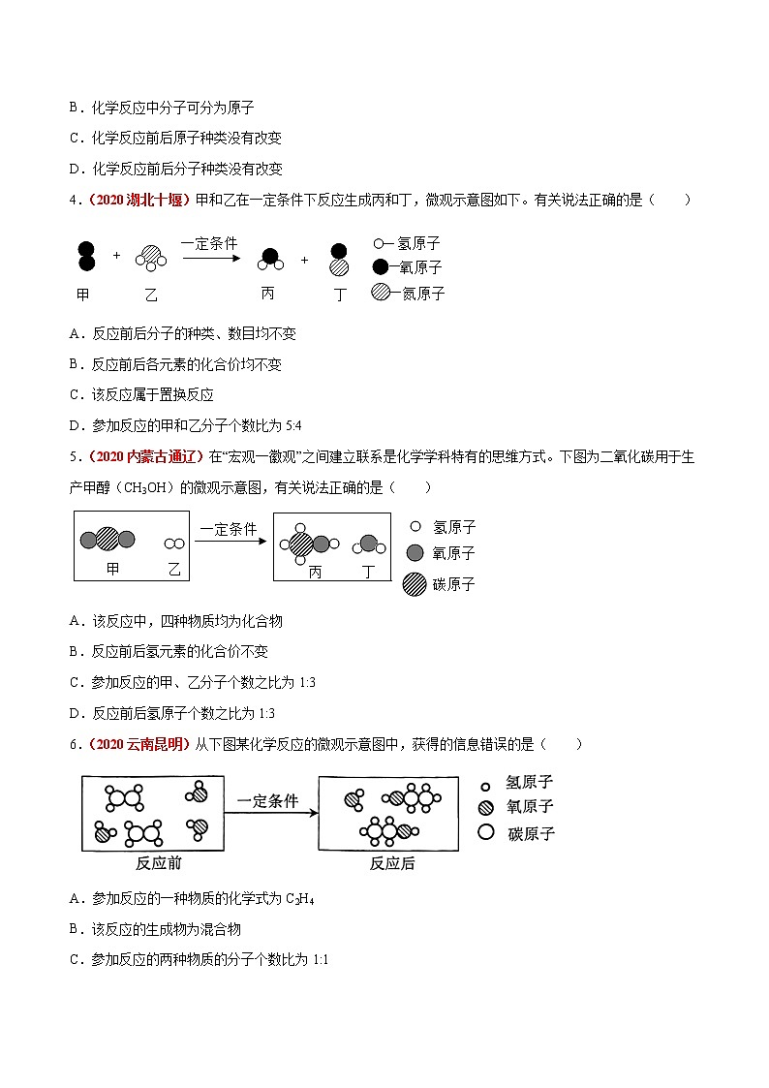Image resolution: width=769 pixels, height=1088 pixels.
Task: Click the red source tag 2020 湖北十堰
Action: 140,200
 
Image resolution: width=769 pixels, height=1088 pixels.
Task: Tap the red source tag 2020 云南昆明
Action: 140,744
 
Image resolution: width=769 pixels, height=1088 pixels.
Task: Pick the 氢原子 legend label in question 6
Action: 530,782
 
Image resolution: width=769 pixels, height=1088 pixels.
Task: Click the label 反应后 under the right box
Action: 391,862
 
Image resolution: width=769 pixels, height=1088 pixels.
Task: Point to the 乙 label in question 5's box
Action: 174,570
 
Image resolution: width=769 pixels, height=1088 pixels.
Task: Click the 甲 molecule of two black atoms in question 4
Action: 86,256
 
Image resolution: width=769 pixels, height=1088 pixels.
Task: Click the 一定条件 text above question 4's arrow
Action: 208,243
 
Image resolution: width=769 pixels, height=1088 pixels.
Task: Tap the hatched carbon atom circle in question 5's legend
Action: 415,584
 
